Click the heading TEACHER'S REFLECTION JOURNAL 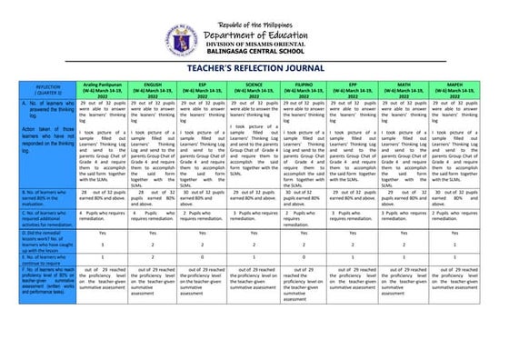[254, 68]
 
